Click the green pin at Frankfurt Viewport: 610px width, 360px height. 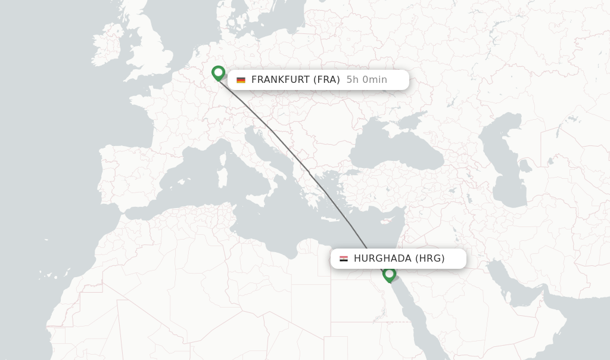coord(218,73)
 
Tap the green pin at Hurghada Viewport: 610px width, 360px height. coord(389,274)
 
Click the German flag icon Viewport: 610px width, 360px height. coord(241,80)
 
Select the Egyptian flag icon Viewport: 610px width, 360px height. coord(344,259)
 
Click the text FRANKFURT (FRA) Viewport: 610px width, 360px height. coord(295,80)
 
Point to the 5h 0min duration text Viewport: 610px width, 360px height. coord(367,80)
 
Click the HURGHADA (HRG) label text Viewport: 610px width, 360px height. coord(399,259)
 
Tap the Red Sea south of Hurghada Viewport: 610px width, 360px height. coord(417,316)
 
